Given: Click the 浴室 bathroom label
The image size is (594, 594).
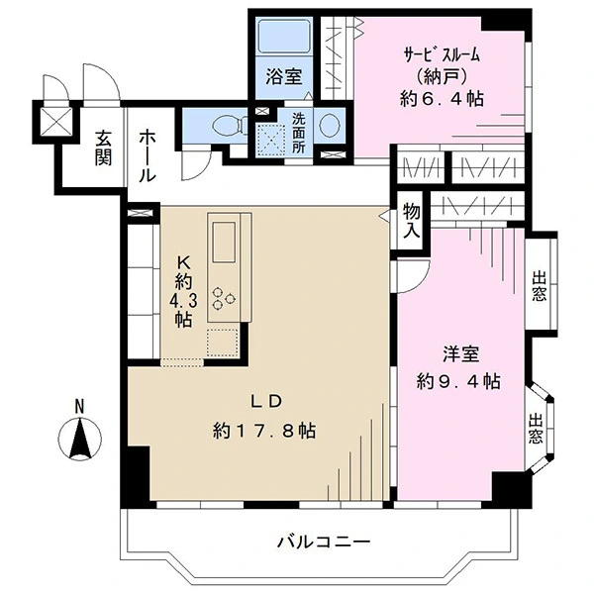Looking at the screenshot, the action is tap(284, 77).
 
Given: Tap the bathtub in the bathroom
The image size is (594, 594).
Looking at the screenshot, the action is tap(284, 36).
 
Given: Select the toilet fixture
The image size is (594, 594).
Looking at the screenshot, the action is tap(229, 125).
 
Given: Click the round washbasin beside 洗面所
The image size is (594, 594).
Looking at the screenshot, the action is tap(329, 126).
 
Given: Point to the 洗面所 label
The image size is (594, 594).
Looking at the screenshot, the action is tap(298, 133).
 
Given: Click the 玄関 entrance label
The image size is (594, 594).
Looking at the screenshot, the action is tap(103, 148).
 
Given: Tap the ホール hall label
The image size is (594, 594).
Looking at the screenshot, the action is tap(148, 157).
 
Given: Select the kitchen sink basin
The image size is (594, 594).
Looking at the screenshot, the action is tap(224, 242).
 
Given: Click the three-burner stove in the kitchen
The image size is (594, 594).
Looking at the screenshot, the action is tap(222, 298).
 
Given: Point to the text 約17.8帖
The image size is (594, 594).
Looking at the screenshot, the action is tap(264, 431).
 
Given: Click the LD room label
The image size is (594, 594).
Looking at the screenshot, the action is tap(266, 402).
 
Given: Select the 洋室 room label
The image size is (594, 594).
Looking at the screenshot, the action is tap(461, 353).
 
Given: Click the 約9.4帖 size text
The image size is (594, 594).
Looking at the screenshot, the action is tap(458, 381).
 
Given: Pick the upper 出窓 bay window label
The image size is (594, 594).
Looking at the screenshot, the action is tap(540, 286).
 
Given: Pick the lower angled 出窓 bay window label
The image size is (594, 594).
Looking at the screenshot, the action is tap(536, 429).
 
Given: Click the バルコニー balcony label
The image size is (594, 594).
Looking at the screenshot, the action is tap(324, 543).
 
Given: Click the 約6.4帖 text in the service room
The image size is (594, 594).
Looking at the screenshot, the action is tap(442, 99).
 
